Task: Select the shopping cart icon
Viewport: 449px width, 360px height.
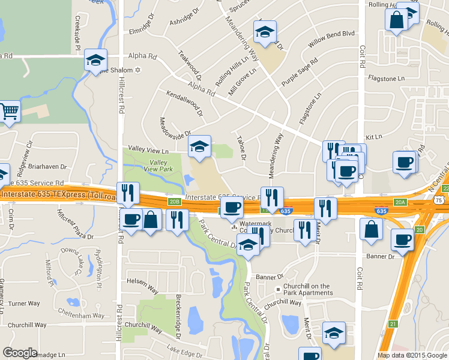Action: tap(9, 111)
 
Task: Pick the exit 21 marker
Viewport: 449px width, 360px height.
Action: tap(393, 324)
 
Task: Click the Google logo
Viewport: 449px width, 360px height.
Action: tap(20, 353)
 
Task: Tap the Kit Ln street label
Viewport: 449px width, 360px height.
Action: tap(373, 137)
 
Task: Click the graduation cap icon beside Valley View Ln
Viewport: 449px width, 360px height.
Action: tap(200, 145)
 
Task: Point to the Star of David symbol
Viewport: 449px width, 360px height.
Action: tap(138, 71)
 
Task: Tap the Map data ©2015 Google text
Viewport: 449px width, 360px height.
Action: tap(412, 355)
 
